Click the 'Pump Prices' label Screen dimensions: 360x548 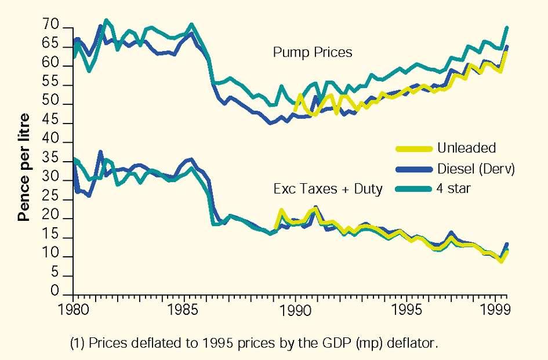tap(313, 53)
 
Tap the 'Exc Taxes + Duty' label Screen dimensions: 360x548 tap(328, 189)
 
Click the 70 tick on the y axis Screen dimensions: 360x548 tap(51, 26)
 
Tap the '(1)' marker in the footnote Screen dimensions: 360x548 tap(77, 343)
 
